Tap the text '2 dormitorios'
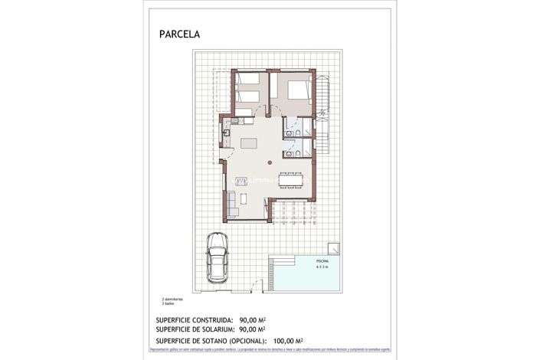[x=173, y=299]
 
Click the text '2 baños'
[x=169, y=303]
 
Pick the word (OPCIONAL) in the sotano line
[x=243, y=340]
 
